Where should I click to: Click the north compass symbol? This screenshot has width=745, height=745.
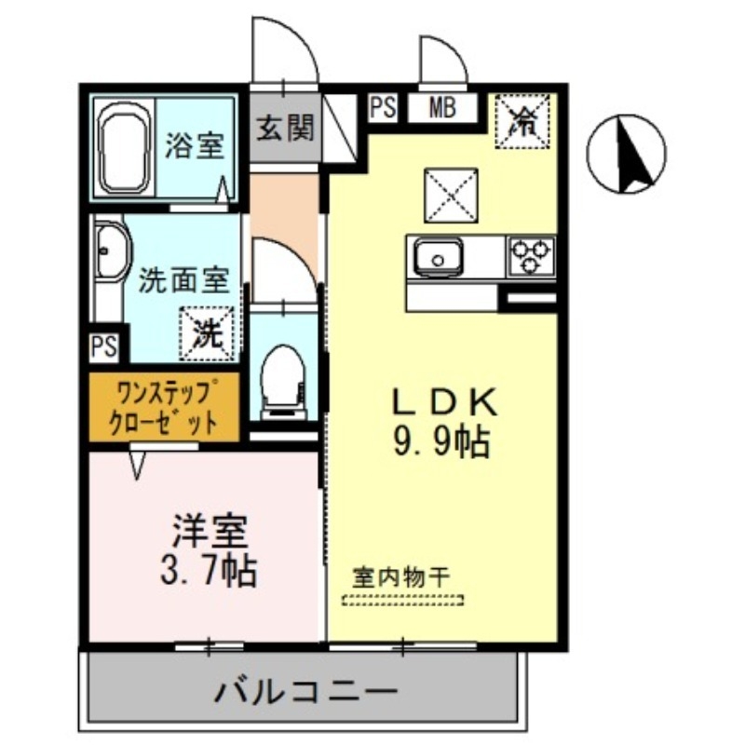tap(627, 154)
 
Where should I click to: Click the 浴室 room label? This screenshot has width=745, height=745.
tap(195, 145)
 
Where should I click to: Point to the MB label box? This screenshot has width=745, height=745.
tap(441, 107)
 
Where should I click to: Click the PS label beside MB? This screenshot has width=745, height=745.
tap(383, 107)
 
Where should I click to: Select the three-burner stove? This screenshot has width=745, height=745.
tap(531, 256)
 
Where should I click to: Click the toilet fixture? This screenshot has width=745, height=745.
tap(282, 377)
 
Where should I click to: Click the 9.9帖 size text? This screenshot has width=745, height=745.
tap(440, 440)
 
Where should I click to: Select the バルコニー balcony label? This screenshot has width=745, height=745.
tap(306, 691)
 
